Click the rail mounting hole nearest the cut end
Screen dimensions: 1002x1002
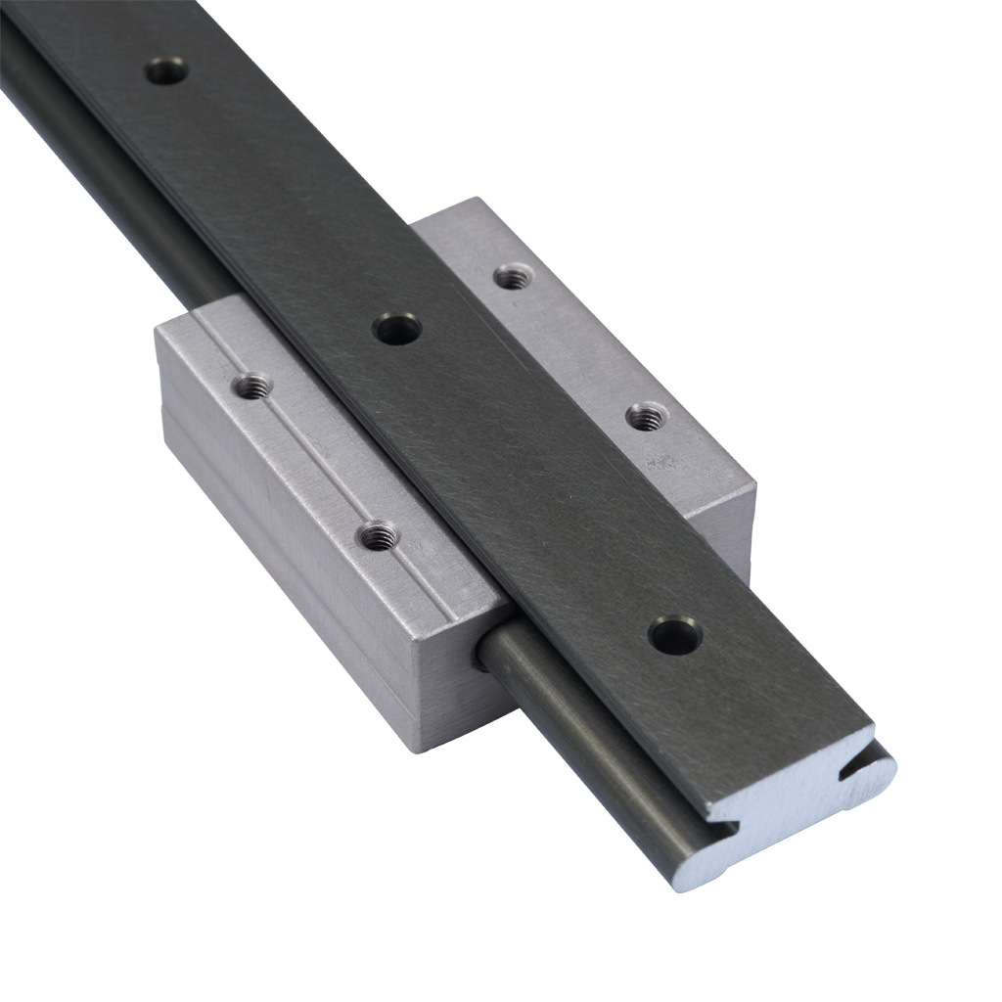pos(675,637)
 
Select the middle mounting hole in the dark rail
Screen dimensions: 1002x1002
pos(398,329)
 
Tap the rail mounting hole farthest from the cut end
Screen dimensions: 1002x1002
pos(166,71)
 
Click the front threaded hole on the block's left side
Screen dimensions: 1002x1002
pos(378,536)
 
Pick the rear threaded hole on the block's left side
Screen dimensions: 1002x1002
pos(253,387)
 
